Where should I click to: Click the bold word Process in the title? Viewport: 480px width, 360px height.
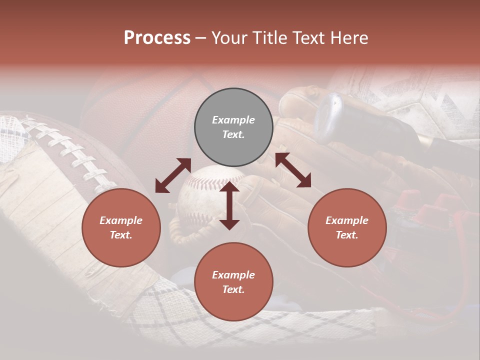click(157, 38)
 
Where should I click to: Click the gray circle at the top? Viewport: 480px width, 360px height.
click(233, 127)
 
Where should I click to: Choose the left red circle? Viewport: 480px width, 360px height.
click(121, 227)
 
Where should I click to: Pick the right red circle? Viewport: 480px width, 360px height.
click(347, 227)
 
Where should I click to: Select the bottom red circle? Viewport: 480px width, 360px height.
click(233, 282)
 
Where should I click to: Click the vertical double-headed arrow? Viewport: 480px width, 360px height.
click(229, 206)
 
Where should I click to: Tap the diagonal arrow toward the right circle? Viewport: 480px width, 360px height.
click(293, 170)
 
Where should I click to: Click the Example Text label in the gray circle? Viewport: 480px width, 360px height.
click(233, 127)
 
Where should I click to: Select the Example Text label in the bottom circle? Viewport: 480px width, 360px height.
click(233, 282)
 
